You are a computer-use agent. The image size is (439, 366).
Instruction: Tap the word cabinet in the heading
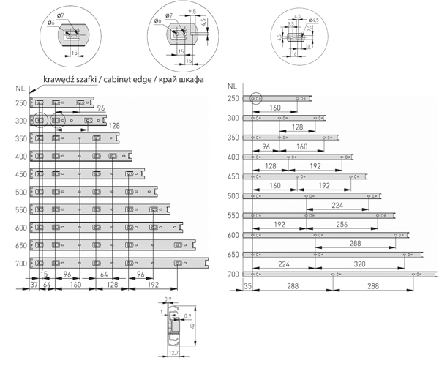pos(115,79)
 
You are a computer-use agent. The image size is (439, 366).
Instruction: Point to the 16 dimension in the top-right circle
pos(294,53)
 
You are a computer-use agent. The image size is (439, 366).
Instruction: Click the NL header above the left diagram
pos(19,89)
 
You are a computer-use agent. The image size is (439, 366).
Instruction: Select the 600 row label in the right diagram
pos(233,235)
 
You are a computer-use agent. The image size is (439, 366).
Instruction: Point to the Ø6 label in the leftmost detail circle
pos(51,23)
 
